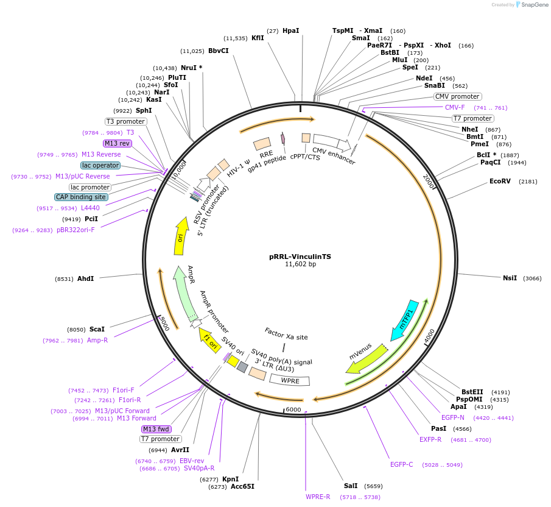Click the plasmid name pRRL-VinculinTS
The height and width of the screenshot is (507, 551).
tap(300, 257)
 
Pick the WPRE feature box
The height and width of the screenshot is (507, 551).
tap(290, 380)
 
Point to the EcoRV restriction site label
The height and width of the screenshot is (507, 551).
tap(502, 182)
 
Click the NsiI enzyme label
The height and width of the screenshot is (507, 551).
tap(510, 278)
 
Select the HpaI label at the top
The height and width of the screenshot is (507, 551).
tap(290, 30)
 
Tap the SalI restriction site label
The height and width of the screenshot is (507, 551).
tap(351, 486)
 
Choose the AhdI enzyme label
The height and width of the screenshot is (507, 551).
tap(85, 278)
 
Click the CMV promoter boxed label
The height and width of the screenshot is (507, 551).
tap(457, 96)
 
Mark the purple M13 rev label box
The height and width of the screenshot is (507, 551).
tap(118, 143)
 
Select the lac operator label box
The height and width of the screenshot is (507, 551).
tap(100, 165)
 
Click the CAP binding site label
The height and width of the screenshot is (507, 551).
tap(82, 197)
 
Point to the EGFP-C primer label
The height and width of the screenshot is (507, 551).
tap(402, 464)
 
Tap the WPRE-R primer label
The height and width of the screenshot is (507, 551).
tap(318, 497)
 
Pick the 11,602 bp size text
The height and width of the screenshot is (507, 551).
tap(300, 264)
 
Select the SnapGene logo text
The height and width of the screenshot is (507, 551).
tap(533, 5)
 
